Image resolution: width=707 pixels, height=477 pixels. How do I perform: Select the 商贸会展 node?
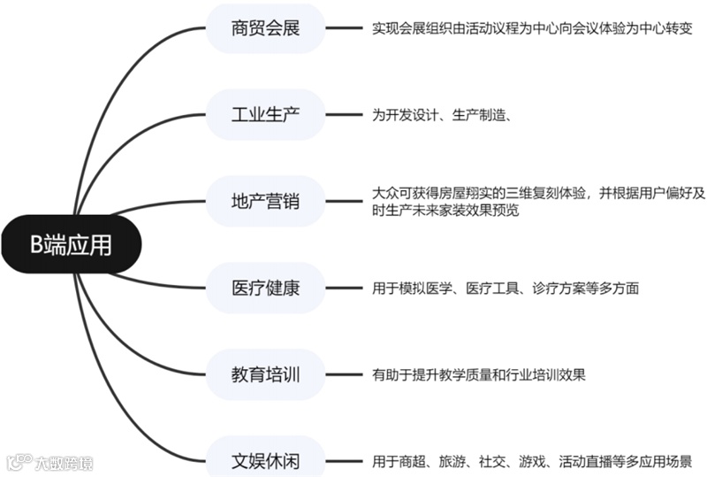coord(265,28)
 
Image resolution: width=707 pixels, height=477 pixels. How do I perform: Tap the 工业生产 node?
coord(265,114)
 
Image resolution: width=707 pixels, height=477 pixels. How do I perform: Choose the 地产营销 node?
coord(265,201)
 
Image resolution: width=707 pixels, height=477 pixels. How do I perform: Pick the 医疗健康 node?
coord(265,288)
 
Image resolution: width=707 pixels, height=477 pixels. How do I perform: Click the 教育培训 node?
coord(265,374)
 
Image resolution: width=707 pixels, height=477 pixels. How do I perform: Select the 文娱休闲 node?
coord(265,460)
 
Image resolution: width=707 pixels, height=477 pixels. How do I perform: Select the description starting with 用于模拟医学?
coord(506,289)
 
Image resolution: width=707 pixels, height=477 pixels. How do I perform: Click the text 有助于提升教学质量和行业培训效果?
coord(479,375)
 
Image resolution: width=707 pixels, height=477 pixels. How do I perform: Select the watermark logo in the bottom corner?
coord(49,462)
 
